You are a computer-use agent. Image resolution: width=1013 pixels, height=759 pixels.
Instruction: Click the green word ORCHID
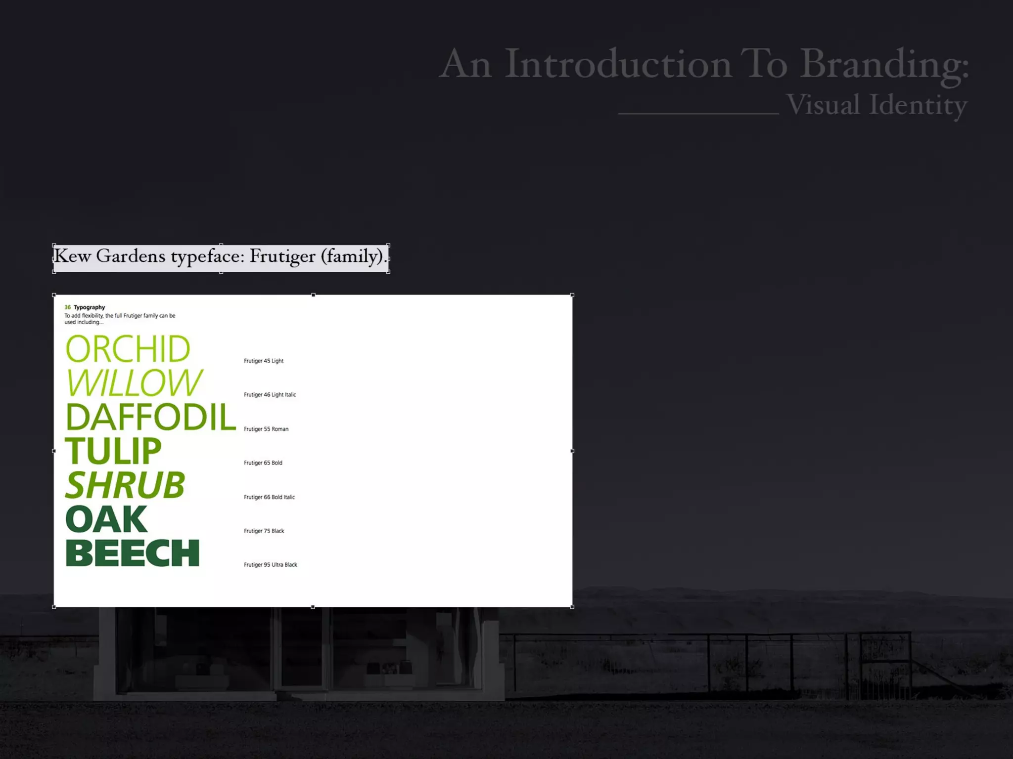pos(128,349)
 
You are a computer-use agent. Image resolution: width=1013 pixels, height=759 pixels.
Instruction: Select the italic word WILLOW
pos(134,383)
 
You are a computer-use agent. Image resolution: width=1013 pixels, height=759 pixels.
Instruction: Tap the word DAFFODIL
pos(151,417)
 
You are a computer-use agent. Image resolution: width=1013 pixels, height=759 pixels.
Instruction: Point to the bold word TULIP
pos(113,451)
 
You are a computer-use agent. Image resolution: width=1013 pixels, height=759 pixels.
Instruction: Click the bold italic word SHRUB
pos(125,485)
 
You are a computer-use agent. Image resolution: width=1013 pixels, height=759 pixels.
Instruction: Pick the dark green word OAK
pos(106,519)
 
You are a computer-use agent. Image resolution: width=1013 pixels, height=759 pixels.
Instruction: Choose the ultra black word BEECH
pos(133,553)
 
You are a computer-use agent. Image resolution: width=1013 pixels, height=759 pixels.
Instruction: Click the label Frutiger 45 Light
pos(264,361)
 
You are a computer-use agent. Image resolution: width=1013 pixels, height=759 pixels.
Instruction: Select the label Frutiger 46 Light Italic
pos(270,395)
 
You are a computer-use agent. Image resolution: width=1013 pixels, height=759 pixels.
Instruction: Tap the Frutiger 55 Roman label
pos(266,429)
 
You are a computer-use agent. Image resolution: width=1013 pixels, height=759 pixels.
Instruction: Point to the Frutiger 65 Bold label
pos(263,463)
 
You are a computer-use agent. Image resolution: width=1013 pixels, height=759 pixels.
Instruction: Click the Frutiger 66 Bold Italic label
pos(269,497)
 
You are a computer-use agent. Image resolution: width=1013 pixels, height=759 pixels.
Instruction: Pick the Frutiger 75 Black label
pos(264,531)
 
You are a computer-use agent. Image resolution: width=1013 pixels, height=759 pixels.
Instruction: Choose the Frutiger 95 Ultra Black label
pos(271,565)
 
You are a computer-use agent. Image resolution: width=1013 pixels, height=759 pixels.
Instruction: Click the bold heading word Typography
pos(90,307)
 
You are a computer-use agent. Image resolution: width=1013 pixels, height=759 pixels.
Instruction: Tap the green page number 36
pos(68,307)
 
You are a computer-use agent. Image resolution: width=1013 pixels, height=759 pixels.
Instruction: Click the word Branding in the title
pos(884,65)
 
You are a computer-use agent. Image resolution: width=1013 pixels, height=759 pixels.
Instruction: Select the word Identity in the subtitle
pos(918,105)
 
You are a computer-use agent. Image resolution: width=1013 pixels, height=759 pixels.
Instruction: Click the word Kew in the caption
pos(72,256)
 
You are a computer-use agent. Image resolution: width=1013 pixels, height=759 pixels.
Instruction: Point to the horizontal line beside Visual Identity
pos(698,114)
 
